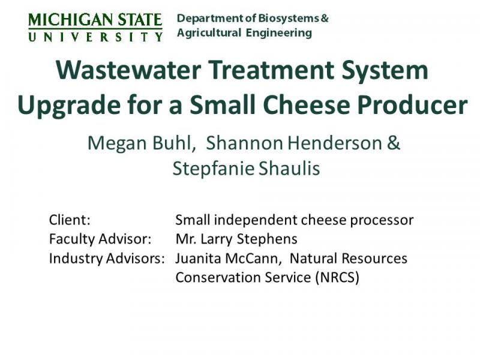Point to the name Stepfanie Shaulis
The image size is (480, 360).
246,169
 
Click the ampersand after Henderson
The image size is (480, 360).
394,143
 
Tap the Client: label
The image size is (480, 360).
70,220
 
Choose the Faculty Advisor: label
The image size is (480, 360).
100,239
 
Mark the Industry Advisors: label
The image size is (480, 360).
107,259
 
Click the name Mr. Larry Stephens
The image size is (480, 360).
236,239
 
